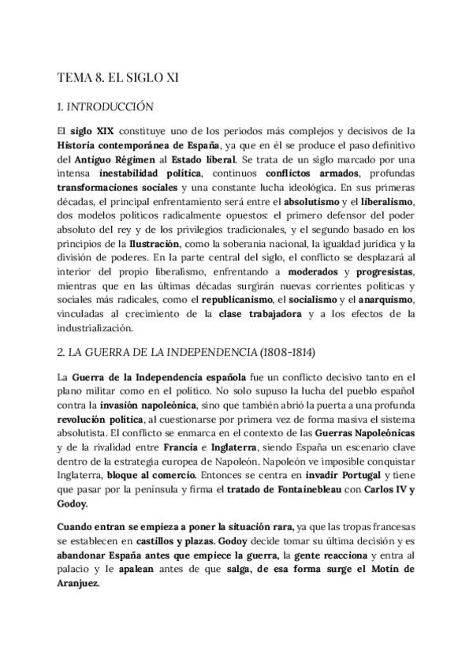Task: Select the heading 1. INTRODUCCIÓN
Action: tap(106, 107)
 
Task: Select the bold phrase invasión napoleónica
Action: tap(138, 405)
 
